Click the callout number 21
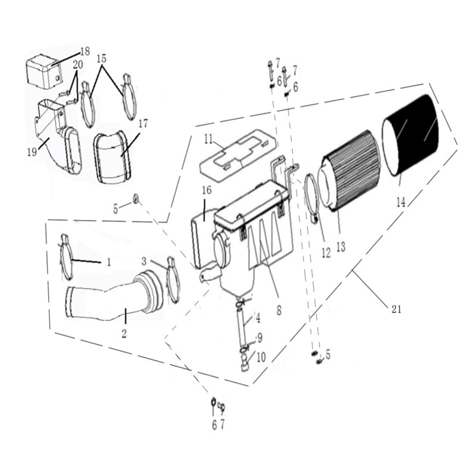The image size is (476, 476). coord(396,309)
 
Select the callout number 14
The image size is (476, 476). coord(401,202)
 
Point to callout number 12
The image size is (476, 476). coord(325,252)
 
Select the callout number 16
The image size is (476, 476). coord(206,191)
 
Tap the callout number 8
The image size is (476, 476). coord(278,309)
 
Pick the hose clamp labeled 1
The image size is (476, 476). coord(67,258)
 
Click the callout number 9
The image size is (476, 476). coord(259,337)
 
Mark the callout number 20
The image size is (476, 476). coord(78,64)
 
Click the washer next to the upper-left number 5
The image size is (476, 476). coord(137,197)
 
